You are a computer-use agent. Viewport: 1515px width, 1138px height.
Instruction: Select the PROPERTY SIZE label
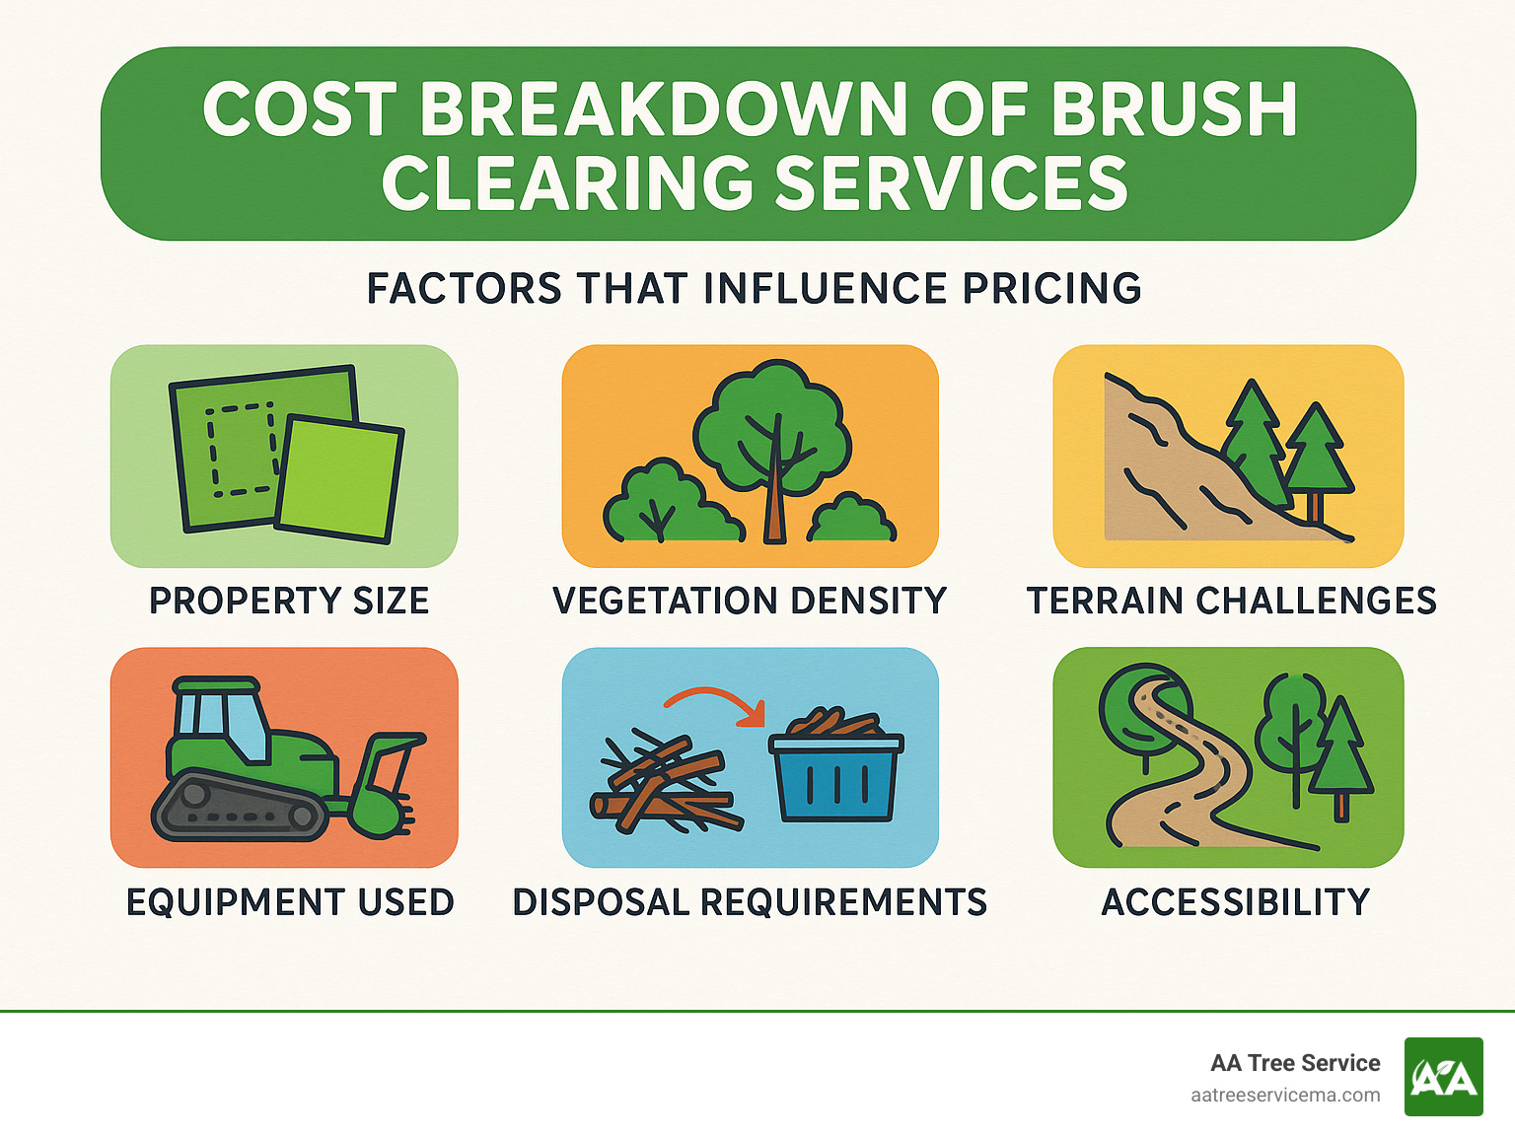tap(289, 601)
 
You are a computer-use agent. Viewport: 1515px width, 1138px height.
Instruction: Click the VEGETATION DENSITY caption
tap(750, 601)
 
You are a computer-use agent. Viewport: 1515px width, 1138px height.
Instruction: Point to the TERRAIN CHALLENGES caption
tap(1231, 601)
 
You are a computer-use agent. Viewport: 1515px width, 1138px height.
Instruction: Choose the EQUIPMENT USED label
tap(290, 902)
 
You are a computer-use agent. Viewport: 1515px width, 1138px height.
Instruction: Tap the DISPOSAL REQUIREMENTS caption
tap(750, 902)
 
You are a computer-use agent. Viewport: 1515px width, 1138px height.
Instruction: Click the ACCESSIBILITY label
tap(1236, 902)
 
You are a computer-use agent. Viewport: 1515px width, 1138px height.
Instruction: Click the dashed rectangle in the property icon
tap(240, 449)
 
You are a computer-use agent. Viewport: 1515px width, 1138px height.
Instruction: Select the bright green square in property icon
tap(339, 479)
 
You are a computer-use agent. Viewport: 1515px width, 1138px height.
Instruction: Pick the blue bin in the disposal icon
tap(836, 779)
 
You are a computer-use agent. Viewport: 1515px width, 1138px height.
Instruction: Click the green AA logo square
tap(1443, 1077)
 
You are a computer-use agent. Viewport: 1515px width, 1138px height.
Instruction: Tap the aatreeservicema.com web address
tap(1285, 1096)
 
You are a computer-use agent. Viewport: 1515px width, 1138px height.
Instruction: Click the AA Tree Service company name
tap(1295, 1063)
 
